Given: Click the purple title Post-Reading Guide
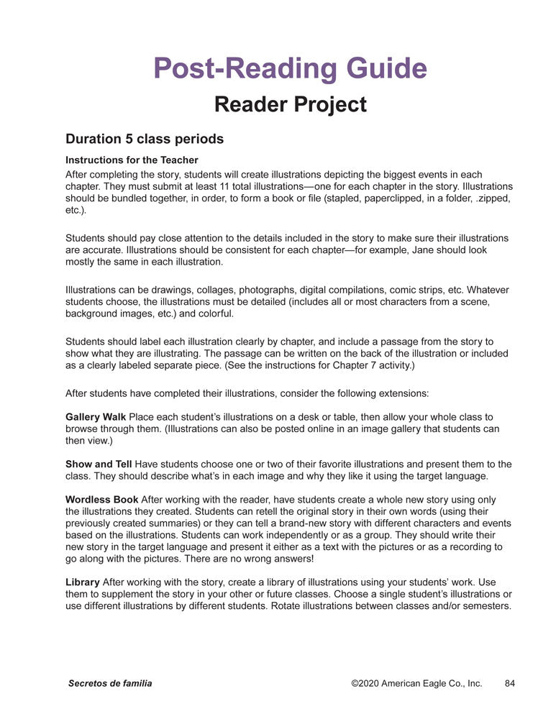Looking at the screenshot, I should (290, 68).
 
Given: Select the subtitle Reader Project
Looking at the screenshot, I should (290, 105).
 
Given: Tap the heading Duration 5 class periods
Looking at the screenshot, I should (145, 138).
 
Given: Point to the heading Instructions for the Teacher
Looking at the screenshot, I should (132, 160).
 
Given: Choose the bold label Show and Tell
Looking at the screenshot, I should (99, 464).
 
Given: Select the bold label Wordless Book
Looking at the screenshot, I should (101, 499).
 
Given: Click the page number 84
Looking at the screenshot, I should (510, 683).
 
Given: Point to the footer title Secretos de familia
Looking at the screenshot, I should (110, 683).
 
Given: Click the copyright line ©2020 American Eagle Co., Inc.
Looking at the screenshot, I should (416, 683).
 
